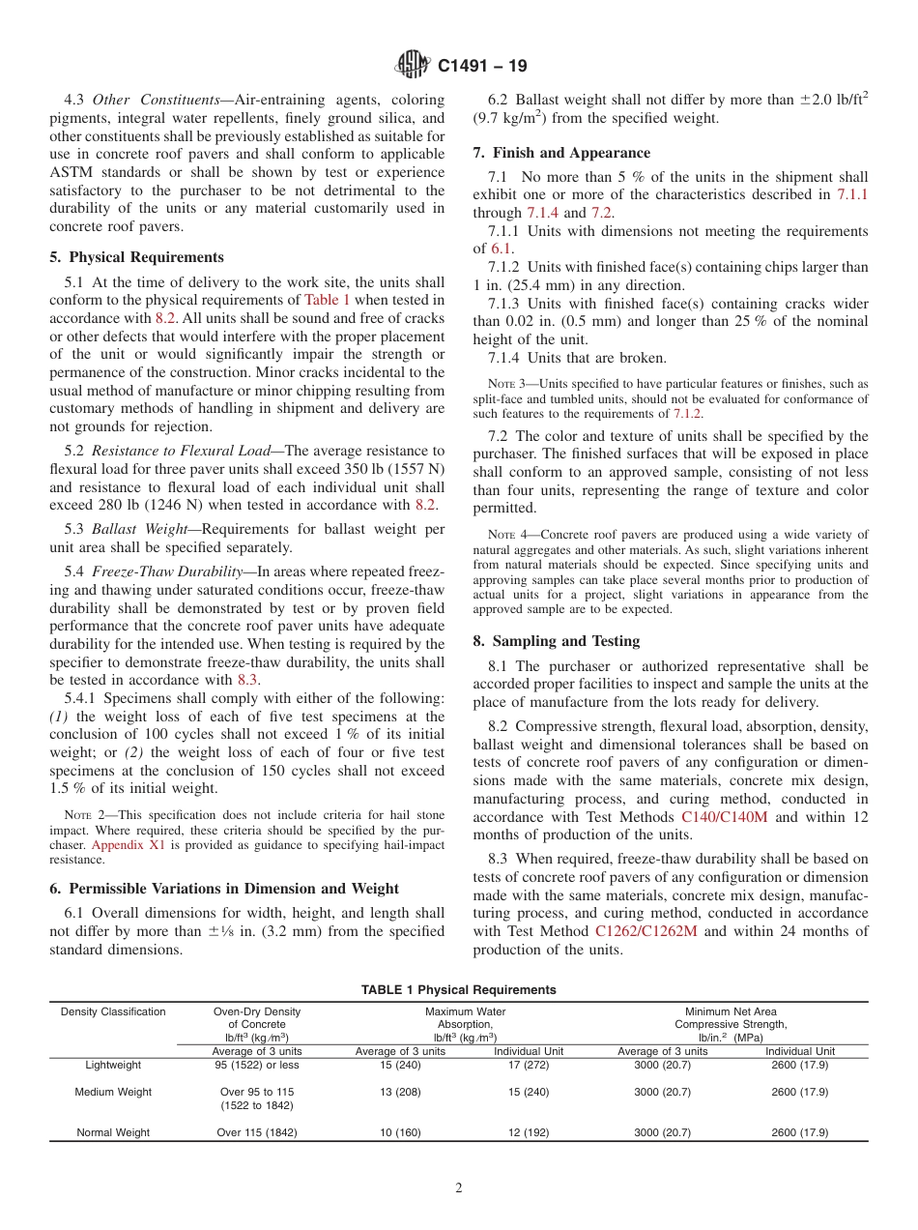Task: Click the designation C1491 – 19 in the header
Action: [x=482, y=67]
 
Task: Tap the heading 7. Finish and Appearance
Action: [x=561, y=153]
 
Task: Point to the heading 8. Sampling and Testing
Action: [x=556, y=641]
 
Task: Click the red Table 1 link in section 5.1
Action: [x=328, y=301]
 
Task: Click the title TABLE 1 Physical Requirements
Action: [x=458, y=990]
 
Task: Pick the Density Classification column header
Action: [x=113, y=1011]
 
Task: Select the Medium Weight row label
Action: [x=113, y=1092]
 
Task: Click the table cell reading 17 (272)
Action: [x=529, y=1065]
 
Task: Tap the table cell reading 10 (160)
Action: [x=400, y=1132]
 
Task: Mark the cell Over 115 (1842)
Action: [x=256, y=1132]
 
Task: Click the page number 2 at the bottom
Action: [x=459, y=1188]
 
